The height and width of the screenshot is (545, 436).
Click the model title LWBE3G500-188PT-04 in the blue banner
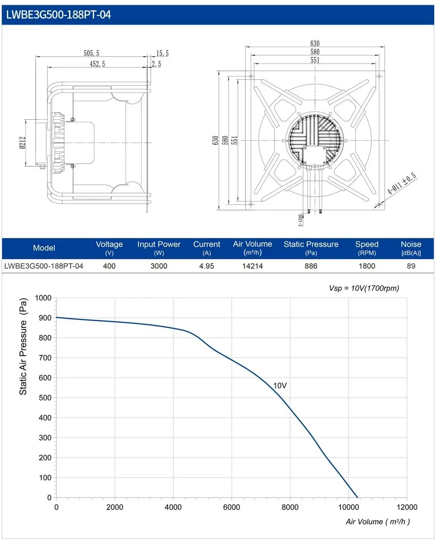point(58,15)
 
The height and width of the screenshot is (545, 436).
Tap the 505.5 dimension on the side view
point(92,54)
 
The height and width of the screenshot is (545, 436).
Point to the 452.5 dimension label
point(97,64)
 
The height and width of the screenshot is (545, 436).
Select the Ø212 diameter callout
point(22,143)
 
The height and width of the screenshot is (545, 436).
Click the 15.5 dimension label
point(162,54)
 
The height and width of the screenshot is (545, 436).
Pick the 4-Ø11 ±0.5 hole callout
point(402,183)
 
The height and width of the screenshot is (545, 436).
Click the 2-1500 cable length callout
point(300,220)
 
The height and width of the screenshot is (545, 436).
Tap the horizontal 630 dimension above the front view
point(315,43)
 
